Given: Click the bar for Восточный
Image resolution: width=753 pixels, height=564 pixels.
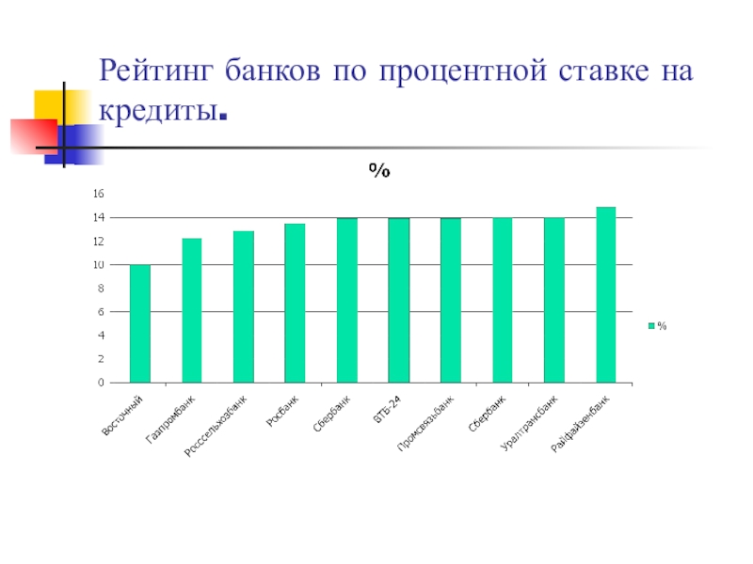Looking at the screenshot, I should (x=140, y=324).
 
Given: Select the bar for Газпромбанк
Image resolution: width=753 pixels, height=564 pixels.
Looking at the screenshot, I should (x=192, y=311).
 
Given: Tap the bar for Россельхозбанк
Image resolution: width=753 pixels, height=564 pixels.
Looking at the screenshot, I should (x=244, y=307).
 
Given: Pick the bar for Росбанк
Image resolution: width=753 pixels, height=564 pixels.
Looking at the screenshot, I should (x=295, y=304).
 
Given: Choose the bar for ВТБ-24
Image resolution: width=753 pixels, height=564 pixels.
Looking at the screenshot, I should (x=399, y=301).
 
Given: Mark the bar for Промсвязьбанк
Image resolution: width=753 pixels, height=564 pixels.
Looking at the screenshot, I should (x=451, y=301).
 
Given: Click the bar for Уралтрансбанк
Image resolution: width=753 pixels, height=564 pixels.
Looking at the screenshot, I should (x=553, y=301).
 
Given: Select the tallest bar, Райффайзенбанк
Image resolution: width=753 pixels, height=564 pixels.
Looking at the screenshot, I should (x=605, y=295).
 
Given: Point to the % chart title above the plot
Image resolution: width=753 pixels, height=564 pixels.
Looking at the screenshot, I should (x=379, y=171).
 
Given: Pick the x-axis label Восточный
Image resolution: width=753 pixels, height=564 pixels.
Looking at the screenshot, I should (x=124, y=416).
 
